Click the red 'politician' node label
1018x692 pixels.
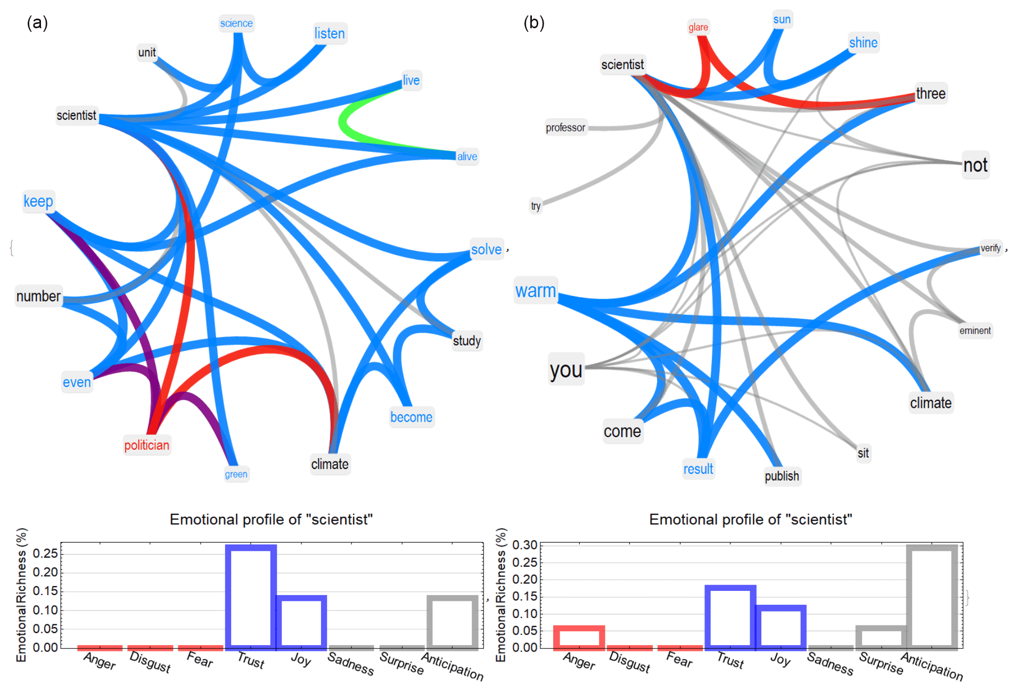point(146,445)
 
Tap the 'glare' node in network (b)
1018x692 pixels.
point(698,27)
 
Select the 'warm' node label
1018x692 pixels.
point(536,291)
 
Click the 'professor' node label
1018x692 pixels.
point(565,128)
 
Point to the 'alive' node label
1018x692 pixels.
point(467,156)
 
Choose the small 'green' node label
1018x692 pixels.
point(236,474)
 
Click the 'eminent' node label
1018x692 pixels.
point(975,331)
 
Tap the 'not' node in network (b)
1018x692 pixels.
point(975,166)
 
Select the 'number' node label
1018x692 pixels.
point(38,296)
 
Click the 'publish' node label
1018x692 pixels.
point(782,476)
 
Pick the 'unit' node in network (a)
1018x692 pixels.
point(147,52)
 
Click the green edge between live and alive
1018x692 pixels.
point(342,121)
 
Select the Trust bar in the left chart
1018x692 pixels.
point(251,596)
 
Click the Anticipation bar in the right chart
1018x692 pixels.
point(932,596)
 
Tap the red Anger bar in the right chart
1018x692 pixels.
point(579,637)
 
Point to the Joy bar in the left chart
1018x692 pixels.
point(301,622)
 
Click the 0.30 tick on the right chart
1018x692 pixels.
point(524,545)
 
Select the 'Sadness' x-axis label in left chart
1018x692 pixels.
point(351,664)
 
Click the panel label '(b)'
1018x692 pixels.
point(533,23)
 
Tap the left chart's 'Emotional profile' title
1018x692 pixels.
point(271,520)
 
